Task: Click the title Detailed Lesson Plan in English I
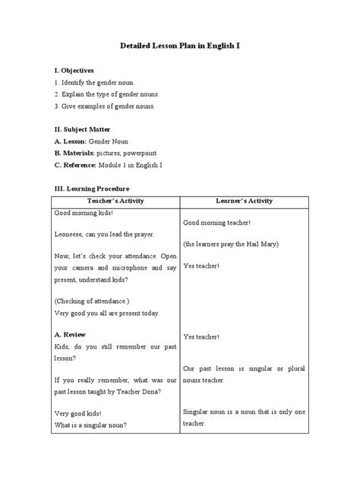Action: click(x=180, y=46)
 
